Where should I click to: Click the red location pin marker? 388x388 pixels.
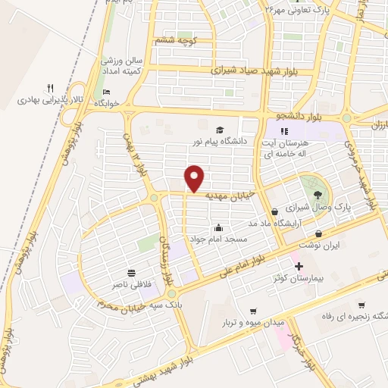pos(196,177)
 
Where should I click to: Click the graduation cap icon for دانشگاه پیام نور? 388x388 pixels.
pos(220,130)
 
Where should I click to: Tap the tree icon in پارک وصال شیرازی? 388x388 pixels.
pos(310,183)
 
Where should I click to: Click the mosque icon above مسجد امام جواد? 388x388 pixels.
pos(219,227)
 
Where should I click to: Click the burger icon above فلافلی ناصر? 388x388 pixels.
pos(132,271)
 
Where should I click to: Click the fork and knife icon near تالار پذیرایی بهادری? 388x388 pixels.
pos(51,87)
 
